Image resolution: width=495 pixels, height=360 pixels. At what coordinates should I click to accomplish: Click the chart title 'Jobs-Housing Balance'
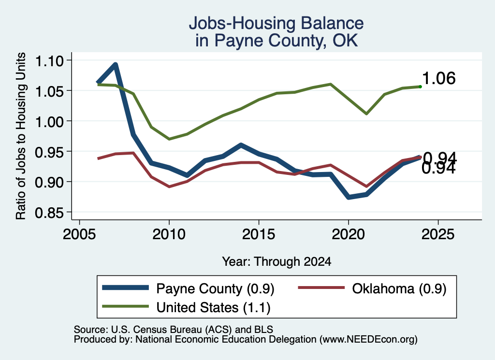coord(276,23)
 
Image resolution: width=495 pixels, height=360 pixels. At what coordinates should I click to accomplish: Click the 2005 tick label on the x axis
coord(80,234)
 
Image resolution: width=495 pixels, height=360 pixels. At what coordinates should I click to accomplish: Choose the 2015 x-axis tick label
coord(259,234)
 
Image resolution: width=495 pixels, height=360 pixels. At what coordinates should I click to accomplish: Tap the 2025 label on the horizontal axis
coord(438,234)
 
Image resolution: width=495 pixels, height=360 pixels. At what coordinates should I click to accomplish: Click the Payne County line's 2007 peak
coord(116,65)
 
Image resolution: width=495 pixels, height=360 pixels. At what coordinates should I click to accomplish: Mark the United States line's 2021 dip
coord(366,114)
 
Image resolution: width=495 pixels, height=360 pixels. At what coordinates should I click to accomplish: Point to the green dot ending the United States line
coord(420,86)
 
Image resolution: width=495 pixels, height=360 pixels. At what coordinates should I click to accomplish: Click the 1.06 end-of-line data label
coord(439,78)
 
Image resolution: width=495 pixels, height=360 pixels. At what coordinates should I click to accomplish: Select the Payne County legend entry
coord(188,288)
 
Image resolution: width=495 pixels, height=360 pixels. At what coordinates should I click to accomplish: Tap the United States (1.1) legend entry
coord(186,307)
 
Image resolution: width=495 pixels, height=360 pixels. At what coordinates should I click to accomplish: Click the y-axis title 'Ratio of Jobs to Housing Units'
coord(21,136)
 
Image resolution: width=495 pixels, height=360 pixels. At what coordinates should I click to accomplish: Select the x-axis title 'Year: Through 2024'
coord(277,261)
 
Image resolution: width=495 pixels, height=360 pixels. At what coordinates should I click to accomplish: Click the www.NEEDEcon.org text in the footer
coord(368,340)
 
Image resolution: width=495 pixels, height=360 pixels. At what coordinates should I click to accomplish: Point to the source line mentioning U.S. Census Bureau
coord(174,330)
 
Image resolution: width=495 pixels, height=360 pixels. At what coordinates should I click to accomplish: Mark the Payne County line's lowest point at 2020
coord(349,197)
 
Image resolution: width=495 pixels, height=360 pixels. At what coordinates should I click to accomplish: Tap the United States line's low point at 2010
coord(169,139)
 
